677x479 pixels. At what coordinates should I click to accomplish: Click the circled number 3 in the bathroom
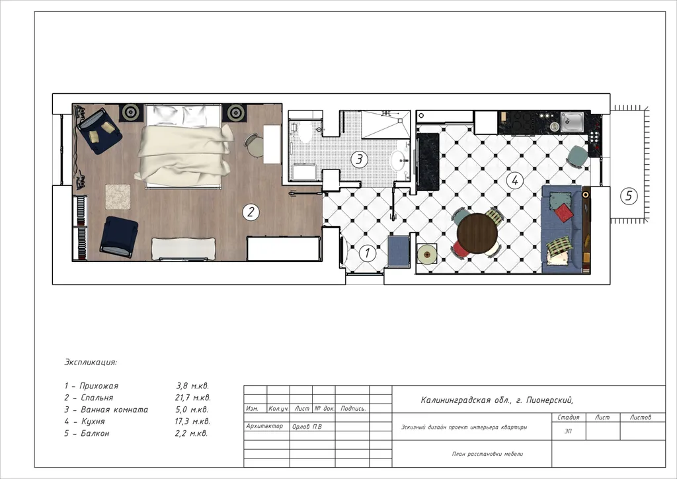[359, 159]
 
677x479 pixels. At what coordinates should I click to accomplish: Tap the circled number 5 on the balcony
[629, 196]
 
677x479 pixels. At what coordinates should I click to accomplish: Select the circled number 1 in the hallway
[368, 253]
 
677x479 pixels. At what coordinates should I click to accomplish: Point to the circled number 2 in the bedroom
[251, 212]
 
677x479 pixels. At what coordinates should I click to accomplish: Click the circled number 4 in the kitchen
[514, 180]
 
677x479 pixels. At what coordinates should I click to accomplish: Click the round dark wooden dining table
[477, 234]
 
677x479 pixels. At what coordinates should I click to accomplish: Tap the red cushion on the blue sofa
[563, 213]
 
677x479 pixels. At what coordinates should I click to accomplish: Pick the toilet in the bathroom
[304, 131]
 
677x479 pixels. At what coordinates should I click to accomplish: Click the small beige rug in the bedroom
[118, 196]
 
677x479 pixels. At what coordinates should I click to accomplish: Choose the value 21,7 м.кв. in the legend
[192, 398]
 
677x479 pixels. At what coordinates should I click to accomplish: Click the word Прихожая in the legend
[99, 386]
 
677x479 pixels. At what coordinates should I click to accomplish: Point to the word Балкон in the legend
[95, 433]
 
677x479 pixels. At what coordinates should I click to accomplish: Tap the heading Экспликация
[91, 362]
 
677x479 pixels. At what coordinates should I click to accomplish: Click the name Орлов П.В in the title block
[307, 426]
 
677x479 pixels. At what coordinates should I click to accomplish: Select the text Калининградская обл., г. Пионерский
[497, 400]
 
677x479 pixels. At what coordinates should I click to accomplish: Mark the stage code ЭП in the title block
[568, 431]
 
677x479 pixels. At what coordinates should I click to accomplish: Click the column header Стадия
[568, 417]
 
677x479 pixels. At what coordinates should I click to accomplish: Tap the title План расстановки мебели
[487, 454]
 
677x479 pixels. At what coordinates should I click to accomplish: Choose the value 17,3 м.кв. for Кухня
[192, 421]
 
